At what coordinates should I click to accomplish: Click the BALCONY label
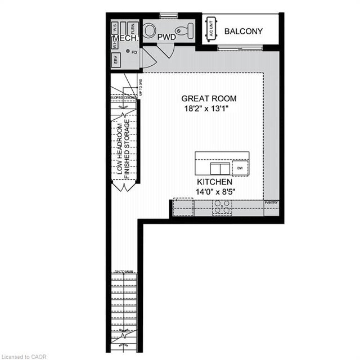(x=243, y=31)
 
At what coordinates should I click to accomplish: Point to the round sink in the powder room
(x=150, y=30)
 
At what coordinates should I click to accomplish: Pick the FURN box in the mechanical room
(x=133, y=26)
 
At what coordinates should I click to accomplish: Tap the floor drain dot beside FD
(x=128, y=52)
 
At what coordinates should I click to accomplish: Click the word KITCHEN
(x=214, y=183)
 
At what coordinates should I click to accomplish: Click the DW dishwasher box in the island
(x=240, y=168)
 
